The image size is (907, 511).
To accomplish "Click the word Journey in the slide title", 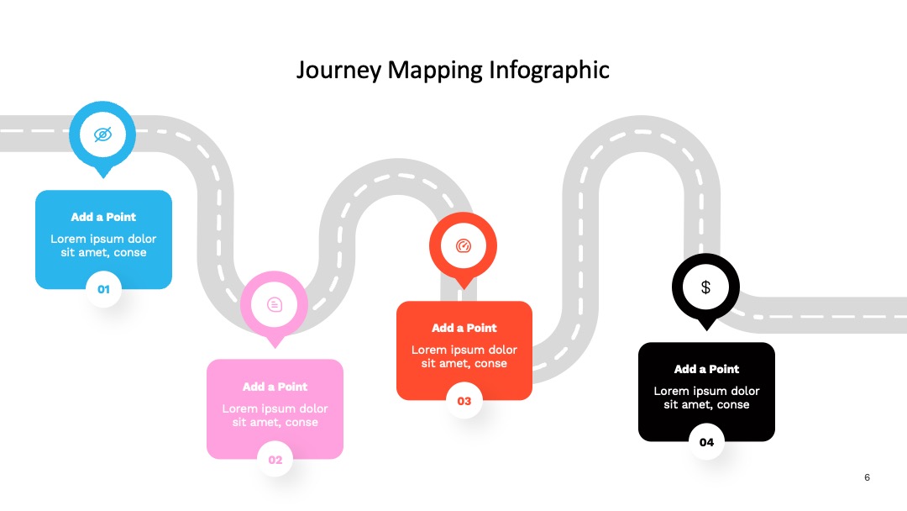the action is [339, 71].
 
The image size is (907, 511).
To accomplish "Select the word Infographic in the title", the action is [549, 71].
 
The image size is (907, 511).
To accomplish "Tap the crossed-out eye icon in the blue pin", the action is [103, 134].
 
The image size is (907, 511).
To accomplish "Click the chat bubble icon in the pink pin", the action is [275, 304].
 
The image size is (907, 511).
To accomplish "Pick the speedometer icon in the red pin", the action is [464, 246].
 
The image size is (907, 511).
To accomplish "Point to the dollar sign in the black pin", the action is [705, 287].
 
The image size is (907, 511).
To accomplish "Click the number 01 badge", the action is [103, 289].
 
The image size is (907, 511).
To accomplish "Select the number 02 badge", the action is [275, 460].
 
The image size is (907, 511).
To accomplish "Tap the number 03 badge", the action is [464, 401].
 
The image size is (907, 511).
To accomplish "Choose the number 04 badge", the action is [706, 442].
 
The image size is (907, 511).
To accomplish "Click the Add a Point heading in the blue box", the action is [103, 217].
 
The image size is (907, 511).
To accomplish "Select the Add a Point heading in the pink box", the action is [275, 387].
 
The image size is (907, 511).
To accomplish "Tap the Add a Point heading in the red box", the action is [464, 328].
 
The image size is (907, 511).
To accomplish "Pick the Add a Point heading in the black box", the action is [706, 369].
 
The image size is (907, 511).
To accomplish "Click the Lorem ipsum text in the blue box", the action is [103, 245].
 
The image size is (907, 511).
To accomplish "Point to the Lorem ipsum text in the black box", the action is [706, 398].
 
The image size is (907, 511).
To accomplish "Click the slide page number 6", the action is [867, 477].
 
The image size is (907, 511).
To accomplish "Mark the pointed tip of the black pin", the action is [705, 330].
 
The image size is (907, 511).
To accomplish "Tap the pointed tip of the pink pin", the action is [275, 348].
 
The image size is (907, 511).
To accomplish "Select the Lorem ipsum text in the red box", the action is [464, 356].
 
